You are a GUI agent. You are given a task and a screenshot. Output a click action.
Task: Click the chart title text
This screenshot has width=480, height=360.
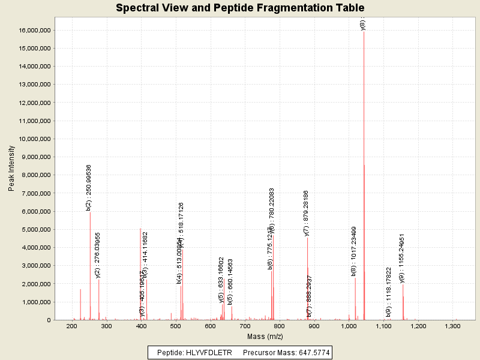(x=240, y=8)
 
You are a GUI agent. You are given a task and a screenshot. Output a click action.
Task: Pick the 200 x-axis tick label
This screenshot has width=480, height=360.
(x=71, y=326)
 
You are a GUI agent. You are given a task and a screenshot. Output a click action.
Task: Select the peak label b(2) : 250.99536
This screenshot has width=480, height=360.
(x=89, y=187)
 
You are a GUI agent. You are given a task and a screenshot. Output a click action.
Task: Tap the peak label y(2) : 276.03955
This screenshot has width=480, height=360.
(x=98, y=255)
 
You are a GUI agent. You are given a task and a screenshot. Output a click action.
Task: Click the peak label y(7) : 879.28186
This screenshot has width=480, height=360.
(x=306, y=213)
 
